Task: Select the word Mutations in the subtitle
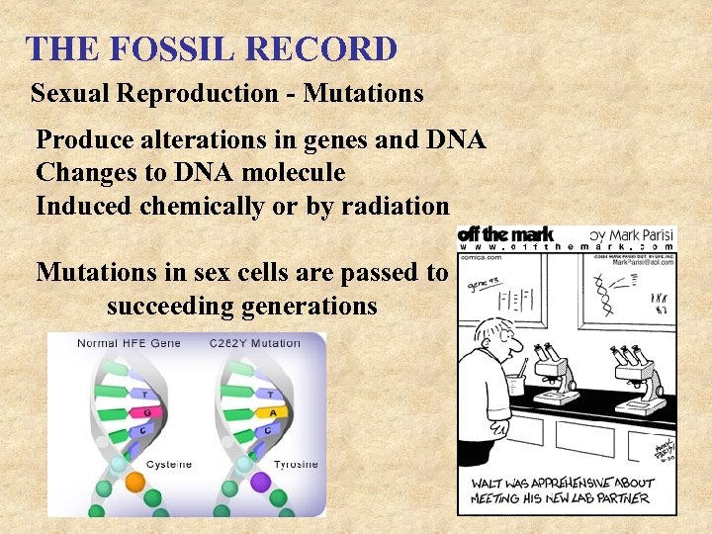(363, 94)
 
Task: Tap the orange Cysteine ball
(135, 481)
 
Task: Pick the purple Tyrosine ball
(261, 481)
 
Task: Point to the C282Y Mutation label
(255, 343)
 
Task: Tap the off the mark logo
(505, 234)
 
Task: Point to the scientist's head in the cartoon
(497, 341)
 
